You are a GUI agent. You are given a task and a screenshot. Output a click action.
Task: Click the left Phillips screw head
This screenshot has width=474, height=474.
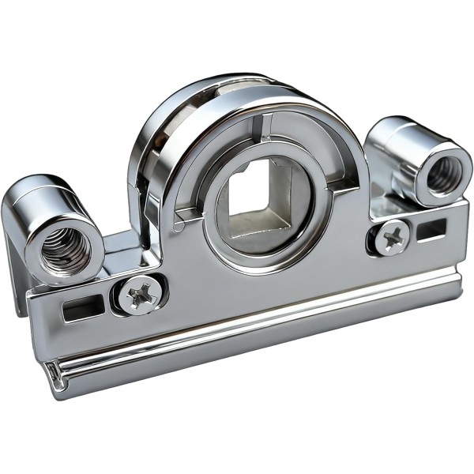(140, 295)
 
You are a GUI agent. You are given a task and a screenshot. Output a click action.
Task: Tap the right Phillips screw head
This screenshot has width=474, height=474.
(391, 235)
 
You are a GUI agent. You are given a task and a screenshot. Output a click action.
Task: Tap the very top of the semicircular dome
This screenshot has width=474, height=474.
(237, 81)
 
